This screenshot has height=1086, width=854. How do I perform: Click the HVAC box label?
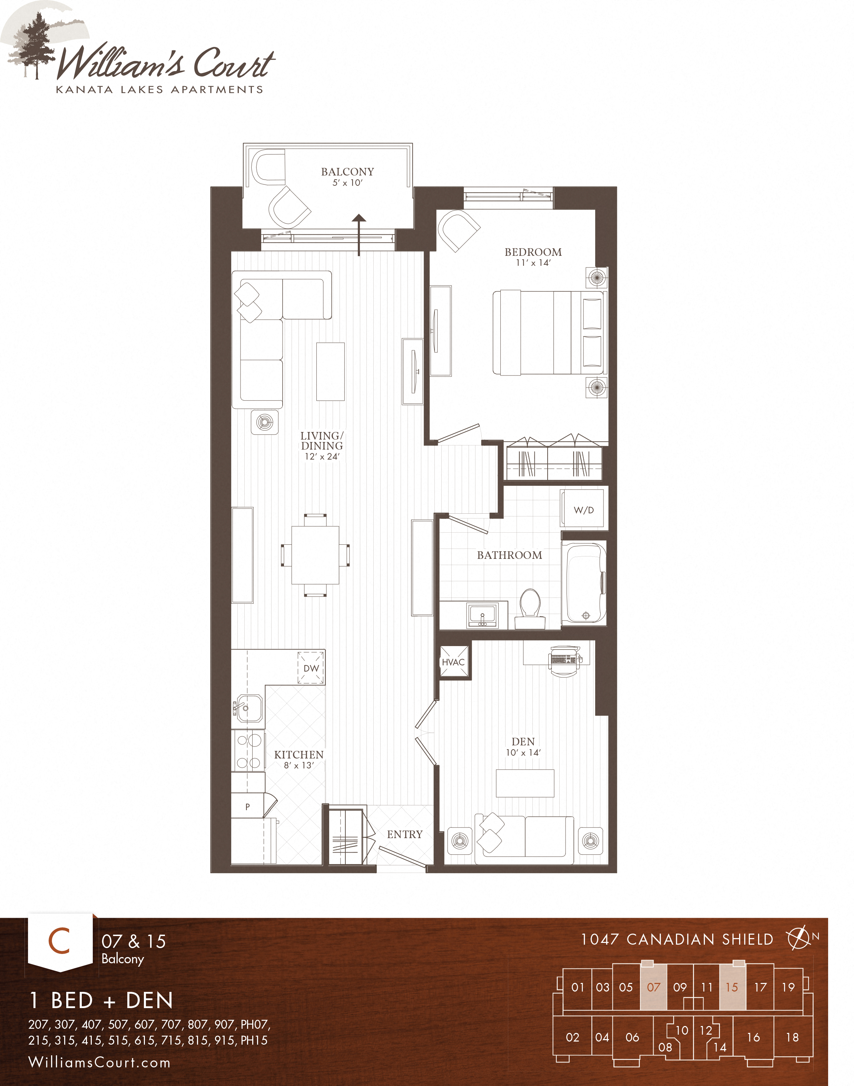pos(453,662)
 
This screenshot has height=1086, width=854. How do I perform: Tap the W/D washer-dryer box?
pos(583,510)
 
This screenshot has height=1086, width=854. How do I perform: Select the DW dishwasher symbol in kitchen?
pos(311,668)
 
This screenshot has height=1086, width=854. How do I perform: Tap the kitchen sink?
pos(248,708)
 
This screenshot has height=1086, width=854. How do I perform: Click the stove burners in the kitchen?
pos(248,751)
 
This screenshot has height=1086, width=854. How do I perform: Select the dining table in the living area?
pos(315,555)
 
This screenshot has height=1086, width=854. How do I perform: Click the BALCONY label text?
pos(347,172)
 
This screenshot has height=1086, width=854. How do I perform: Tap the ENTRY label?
pos(404,835)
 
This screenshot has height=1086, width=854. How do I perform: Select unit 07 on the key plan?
pos(654,987)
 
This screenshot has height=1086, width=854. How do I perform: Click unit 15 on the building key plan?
pos(732,987)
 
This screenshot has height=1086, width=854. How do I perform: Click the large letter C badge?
pos(59,941)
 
